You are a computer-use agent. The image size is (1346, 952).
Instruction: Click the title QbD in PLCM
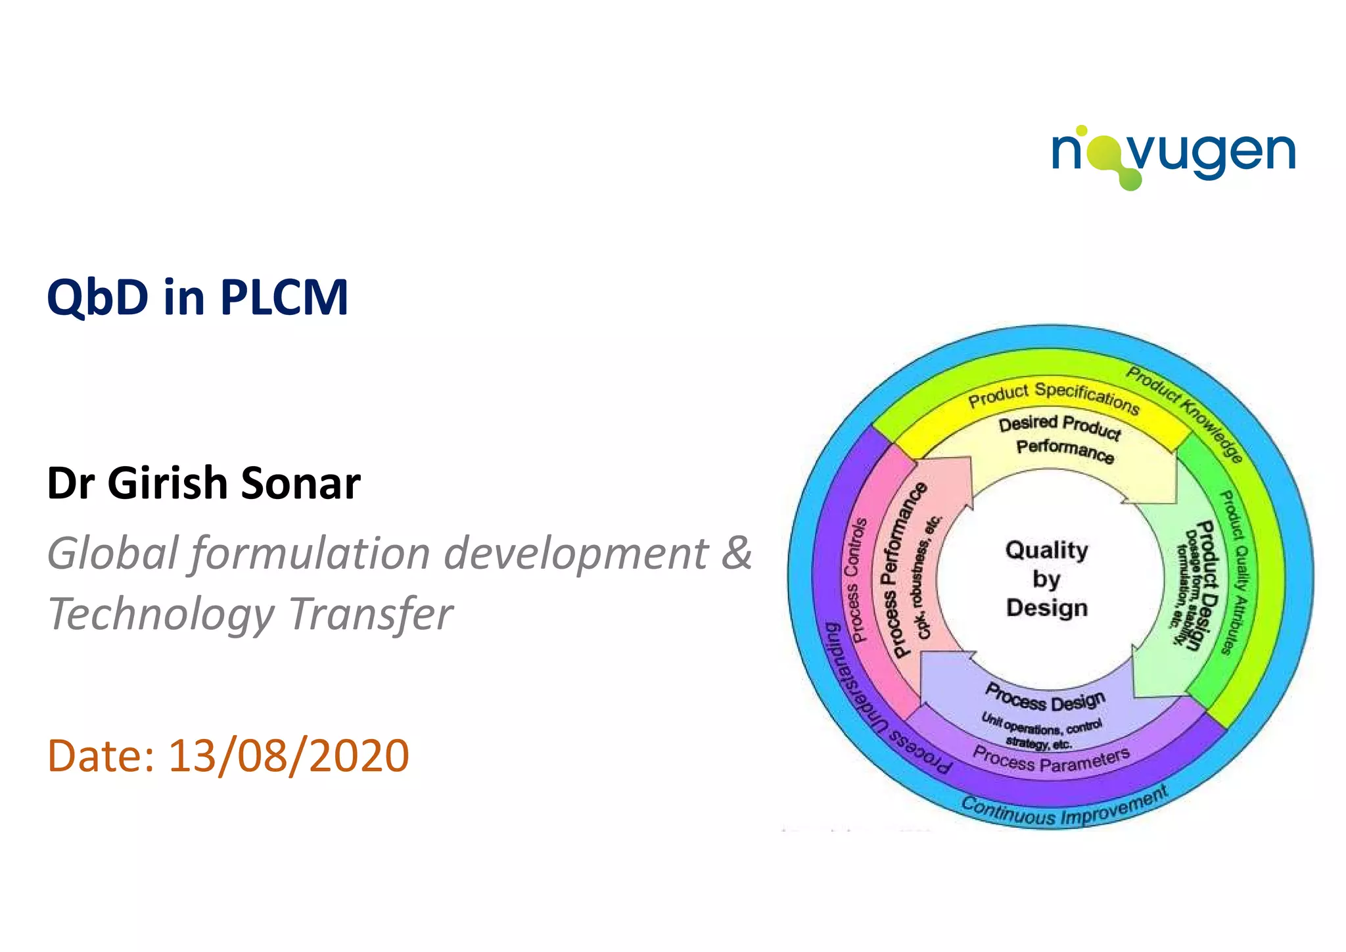click(x=197, y=297)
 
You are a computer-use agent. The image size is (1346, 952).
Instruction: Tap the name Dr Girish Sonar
click(x=204, y=483)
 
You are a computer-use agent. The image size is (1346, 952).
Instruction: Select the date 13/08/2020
click(x=289, y=755)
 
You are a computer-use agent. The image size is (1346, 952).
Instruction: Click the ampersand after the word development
click(x=736, y=552)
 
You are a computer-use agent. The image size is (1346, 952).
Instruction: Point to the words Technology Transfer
click(x=250, y=614)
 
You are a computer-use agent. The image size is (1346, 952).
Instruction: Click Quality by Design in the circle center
click(x=1046, y=579)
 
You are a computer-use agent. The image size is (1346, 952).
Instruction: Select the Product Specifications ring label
click(x=1053, y=396)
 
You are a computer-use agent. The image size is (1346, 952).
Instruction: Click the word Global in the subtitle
click(x=112, y=552)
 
